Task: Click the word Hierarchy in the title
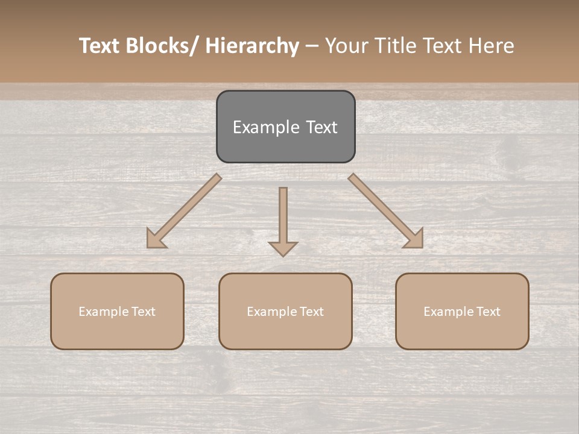(x=252, y=46)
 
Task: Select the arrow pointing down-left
(x=184, y=211)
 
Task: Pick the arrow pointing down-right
(x=386, y=211)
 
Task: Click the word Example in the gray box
(x=258, y=128)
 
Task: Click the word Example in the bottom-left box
(x=100, y=312)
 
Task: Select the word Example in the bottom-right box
(x=445, y=312)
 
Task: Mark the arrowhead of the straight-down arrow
(x=283, y=248)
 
